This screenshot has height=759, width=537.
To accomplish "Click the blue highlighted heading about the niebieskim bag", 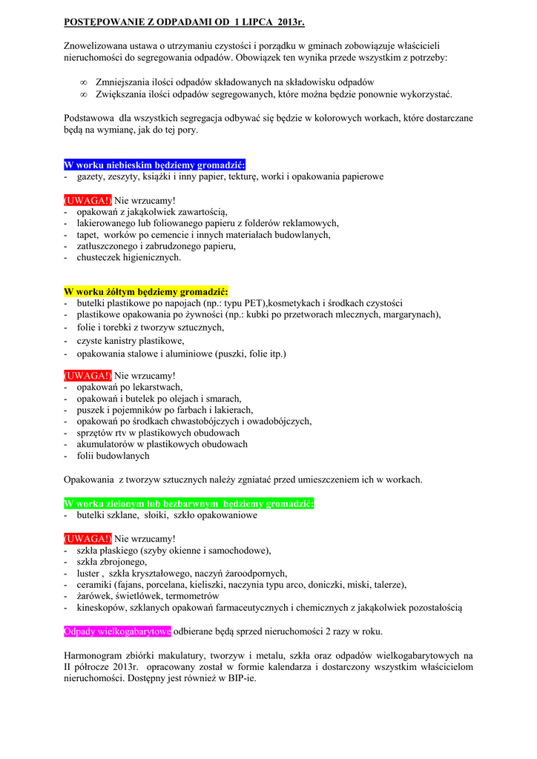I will (154, 165).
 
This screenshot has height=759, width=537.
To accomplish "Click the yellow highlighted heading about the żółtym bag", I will (146, 291).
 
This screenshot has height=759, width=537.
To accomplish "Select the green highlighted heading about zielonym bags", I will (188, 504).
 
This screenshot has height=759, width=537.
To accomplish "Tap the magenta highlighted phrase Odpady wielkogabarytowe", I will (117, 632).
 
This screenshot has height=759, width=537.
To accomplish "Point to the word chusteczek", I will (101, 257).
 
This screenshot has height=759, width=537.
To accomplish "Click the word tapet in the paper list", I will (88, 234).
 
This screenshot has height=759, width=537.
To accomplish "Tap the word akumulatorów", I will (106, 444).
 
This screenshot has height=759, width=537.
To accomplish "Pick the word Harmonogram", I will (95, 655).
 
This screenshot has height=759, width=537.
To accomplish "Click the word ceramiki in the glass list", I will (94, 584).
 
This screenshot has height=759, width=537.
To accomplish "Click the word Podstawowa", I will (89, 118).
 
